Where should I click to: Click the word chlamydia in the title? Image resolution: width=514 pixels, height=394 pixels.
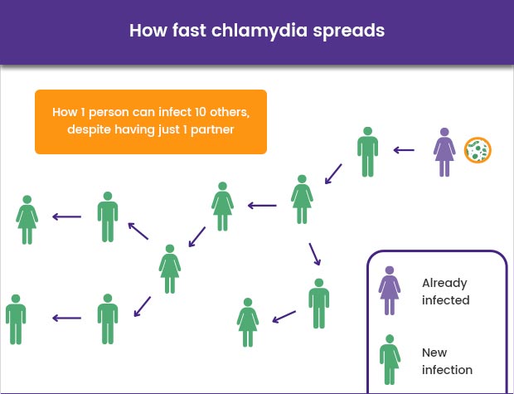point(259,31)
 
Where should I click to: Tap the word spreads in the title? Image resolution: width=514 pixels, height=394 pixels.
point(348,32)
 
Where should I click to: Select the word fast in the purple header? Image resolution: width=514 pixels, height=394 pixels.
point(189,30)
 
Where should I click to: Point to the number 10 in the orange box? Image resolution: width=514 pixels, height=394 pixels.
point(200,112)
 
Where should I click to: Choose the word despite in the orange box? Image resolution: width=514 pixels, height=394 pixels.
point(89,129)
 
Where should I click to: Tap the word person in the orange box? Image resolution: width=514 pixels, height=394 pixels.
point(109,113)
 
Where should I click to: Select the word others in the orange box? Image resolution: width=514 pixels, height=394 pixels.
point(230,113)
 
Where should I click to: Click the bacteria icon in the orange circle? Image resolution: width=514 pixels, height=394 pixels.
point(478,150)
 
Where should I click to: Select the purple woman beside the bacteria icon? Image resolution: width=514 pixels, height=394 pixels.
point(444,153)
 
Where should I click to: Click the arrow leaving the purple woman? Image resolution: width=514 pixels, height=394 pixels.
point(404,150)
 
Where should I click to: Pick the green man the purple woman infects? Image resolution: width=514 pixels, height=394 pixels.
point(368,152)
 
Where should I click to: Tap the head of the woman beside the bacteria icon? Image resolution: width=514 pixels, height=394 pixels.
point(444,132)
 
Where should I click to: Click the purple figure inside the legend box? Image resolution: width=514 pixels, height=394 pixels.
point(390,290)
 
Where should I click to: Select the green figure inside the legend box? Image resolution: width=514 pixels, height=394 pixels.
point(390,359)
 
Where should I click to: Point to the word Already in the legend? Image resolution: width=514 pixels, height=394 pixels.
point(444,284)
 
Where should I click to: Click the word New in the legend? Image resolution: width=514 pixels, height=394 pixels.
point(434,353)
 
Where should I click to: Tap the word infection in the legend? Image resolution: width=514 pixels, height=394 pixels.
point(447,370)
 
